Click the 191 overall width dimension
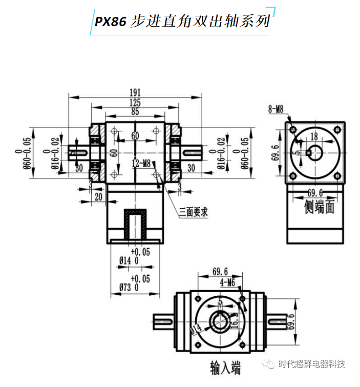[x=135, y=92]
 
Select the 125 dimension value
[x=135, y=102]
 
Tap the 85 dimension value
[x=135, y=111]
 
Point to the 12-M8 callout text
[x=141, y=164]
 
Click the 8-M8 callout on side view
[x=276, y=109]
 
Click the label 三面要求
[x=193, y=212]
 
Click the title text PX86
[x=111, y=21]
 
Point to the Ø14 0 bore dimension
[x=130, y=261]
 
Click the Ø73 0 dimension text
[x=130, y=287]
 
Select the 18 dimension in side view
[x=314, y=136]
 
